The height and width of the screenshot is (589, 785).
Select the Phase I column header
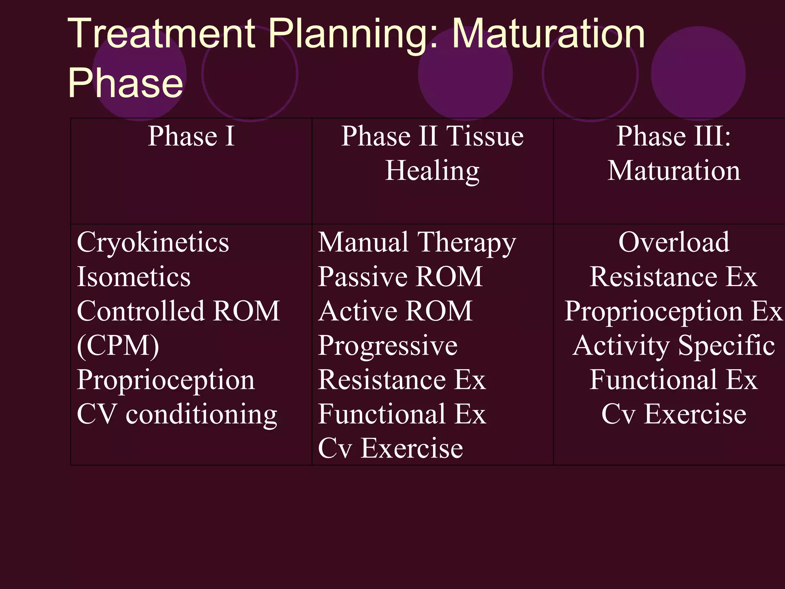[x=191, y=136]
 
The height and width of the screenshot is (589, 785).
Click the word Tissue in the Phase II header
[x=485, y=136]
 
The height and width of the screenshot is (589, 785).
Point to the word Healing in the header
[x=432, y=171]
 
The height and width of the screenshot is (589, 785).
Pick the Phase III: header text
[x=673, y=136]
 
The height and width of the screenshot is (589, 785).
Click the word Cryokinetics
[x=153, y=243]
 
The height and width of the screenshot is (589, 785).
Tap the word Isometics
[x=133, y=277]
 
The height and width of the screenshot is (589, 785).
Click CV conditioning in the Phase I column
[x=177, y=415]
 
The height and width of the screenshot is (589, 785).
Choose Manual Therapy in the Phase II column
[x=417, y=243]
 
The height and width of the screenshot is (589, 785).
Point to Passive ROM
[x=400, y=277]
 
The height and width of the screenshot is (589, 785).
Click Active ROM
[x=395, y=311]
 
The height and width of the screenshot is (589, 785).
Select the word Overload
[x=673, y=243]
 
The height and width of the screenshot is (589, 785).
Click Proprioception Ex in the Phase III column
[x=673, y=311]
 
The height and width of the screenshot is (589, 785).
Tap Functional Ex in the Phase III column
[x=673, y=380]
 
